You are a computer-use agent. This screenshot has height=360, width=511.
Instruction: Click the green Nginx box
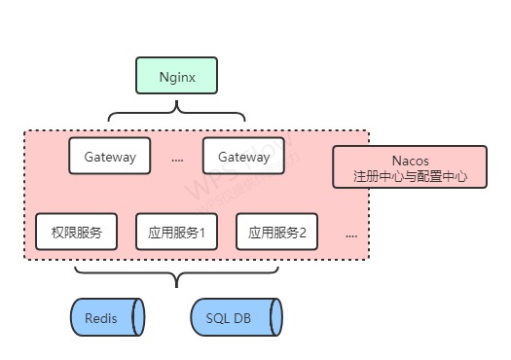click(176, 75)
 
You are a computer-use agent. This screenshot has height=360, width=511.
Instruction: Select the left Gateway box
click(110, 157)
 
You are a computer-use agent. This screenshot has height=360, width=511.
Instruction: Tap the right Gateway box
click(243, 157)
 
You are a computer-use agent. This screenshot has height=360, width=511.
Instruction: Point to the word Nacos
click(409, 161)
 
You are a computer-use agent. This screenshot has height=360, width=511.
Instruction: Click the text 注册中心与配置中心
click(409, 178)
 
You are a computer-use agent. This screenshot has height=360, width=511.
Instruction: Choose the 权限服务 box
click(76, 233)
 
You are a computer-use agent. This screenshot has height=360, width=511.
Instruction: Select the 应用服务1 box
click(176, 233)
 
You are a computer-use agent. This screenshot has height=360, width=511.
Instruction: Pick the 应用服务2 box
click(277, 233)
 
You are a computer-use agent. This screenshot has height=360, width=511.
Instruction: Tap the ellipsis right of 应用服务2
click(350, 235)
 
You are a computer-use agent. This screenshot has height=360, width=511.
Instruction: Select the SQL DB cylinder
click(237, 318)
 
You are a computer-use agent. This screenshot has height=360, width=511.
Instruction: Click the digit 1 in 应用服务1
click(201, 234)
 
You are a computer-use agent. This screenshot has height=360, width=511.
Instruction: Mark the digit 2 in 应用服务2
click(302, 234)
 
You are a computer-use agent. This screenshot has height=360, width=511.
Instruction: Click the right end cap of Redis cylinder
click(139, 318)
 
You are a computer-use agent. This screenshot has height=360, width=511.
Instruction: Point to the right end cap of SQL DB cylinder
click(277, 318)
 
